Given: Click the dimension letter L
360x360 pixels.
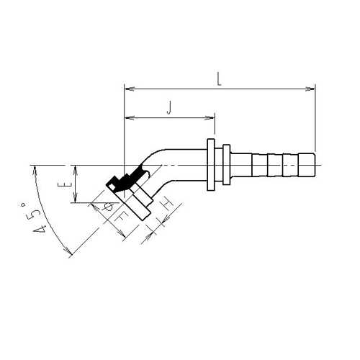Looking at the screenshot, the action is click(x=219, y=79).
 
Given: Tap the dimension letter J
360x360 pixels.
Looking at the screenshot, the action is click(x=170, y=107).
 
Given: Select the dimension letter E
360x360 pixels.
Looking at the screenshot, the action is click(x=68, y=184).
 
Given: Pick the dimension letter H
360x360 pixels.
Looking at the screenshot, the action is click(x=168, y=204).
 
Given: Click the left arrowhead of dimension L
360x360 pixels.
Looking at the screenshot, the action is click(x=129, y=89).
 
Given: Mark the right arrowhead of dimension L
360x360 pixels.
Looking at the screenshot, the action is click(x=310, y=89).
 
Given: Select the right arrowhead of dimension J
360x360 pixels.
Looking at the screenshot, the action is click(x=210, y=118).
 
